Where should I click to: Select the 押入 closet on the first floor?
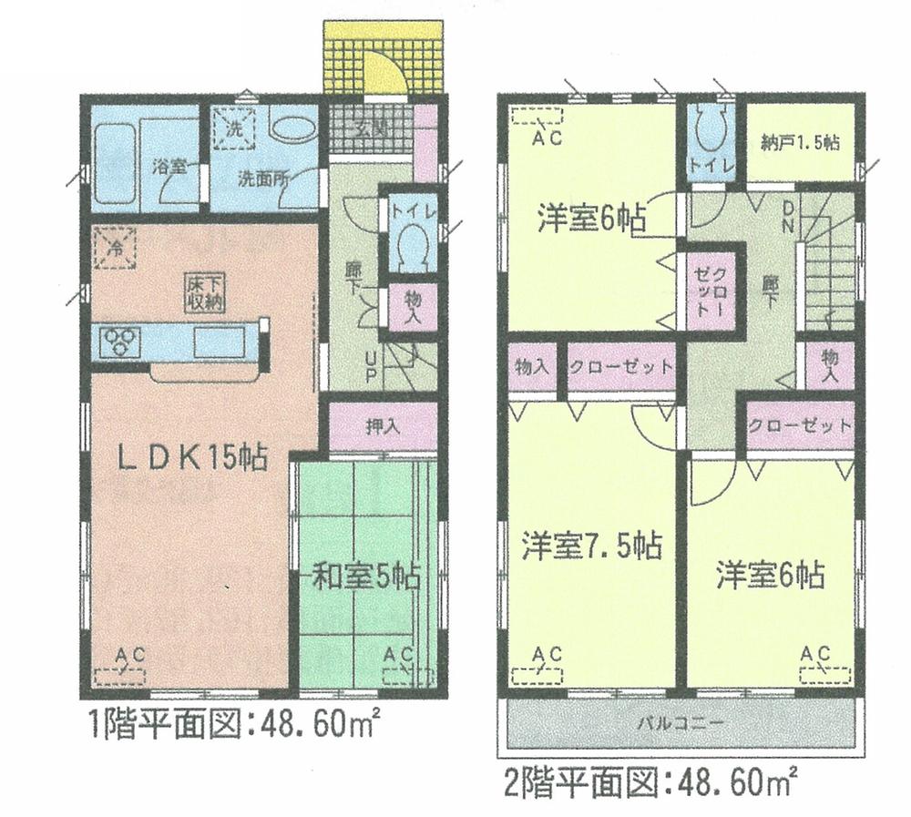tap(381, 426)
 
